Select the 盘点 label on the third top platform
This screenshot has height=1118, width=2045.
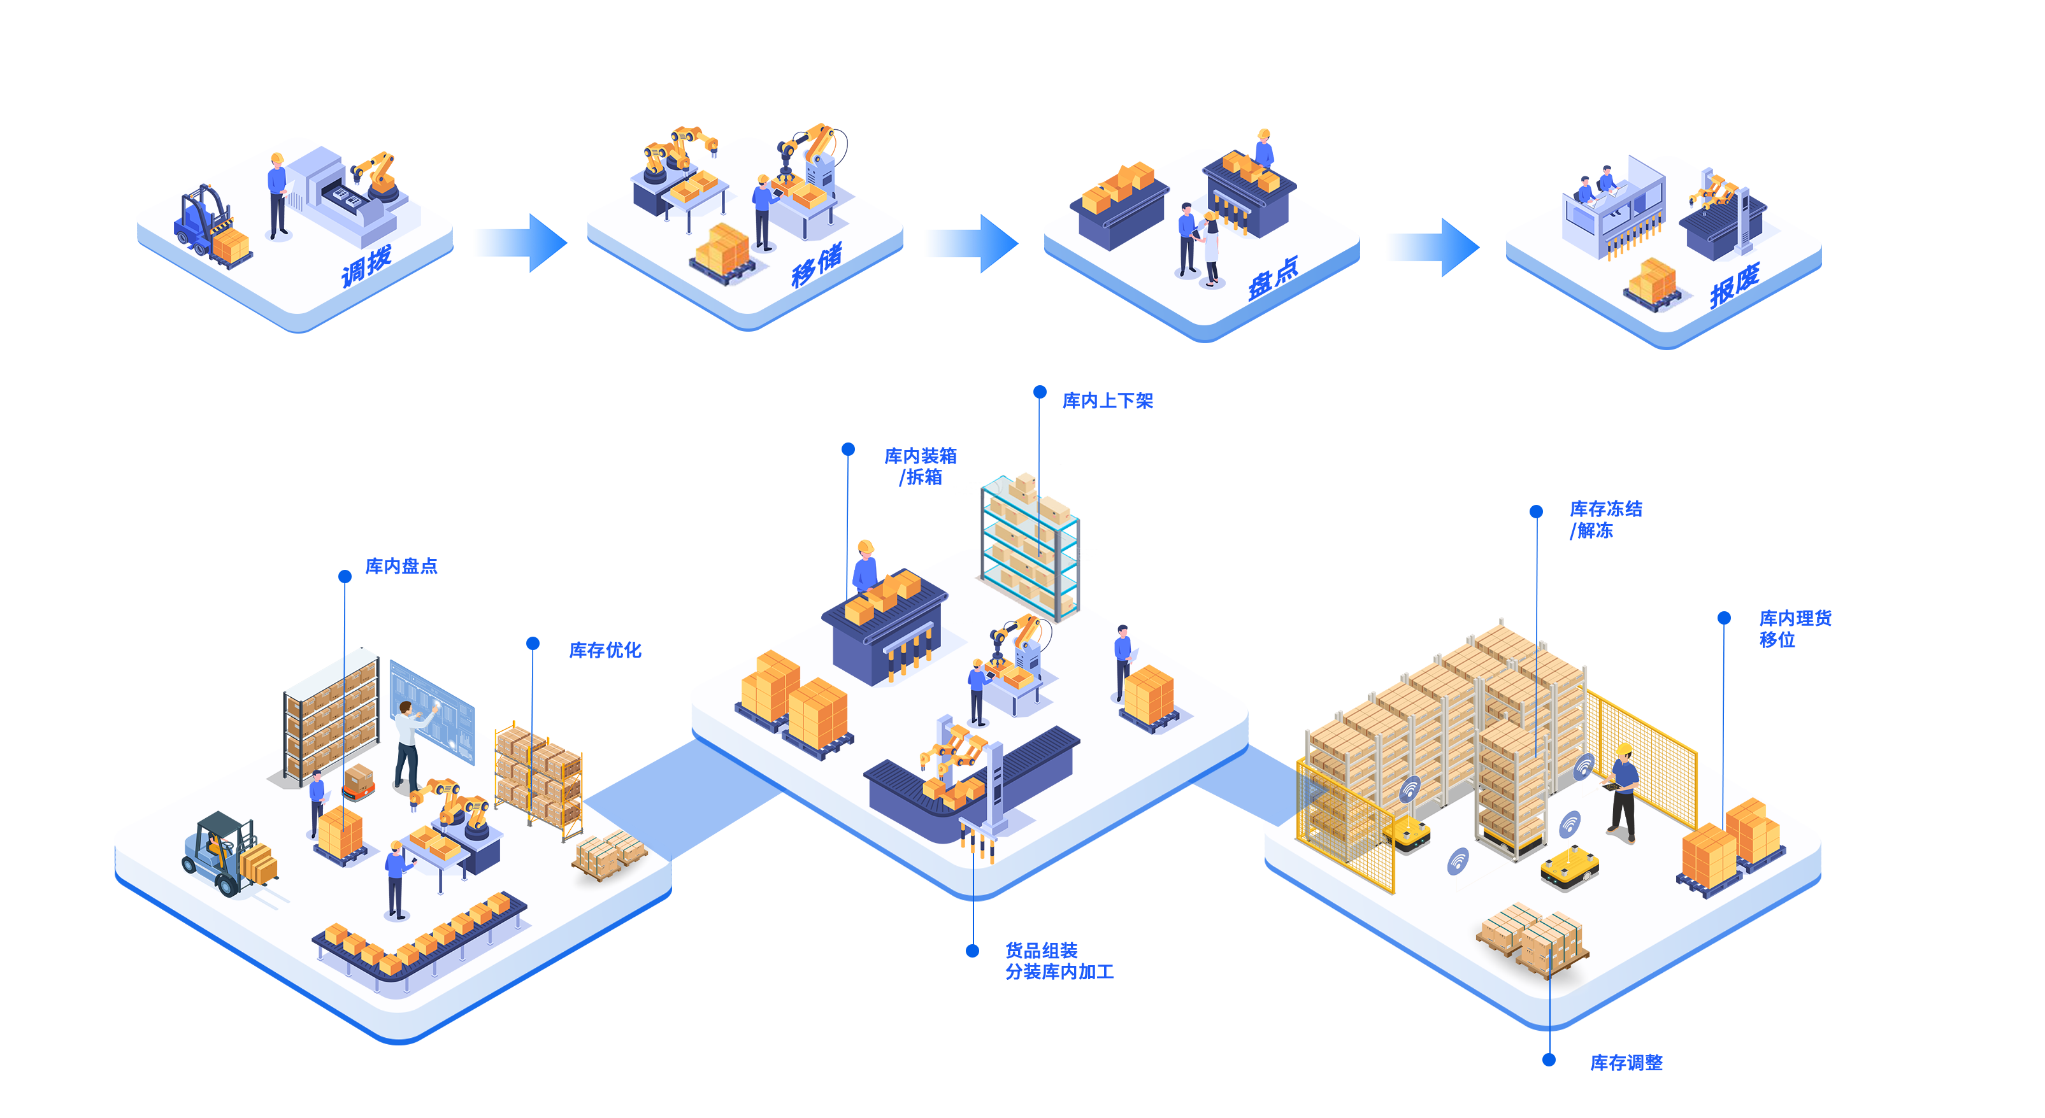[x=1273, y=278]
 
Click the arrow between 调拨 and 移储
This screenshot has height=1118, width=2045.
[x=520, y=243]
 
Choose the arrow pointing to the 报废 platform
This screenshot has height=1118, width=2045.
[x=1432, y=248]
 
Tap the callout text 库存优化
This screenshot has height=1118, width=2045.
[x=605, y=651]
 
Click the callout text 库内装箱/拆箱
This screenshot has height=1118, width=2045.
[x=921, y=467]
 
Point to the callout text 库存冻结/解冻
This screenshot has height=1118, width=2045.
[x=1605, y=520]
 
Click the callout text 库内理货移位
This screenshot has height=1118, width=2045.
[x=1794, y=628]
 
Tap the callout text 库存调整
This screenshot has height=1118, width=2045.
[x=1626, y=1063]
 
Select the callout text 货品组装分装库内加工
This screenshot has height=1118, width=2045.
[x=1059, y=961]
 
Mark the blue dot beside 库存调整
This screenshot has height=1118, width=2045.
[x=1549, y=1060]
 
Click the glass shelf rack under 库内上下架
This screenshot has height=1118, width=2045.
[x=1030, y=548]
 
